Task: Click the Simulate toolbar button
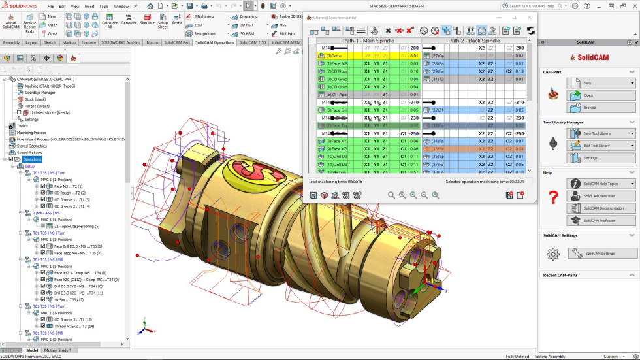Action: (147, 20)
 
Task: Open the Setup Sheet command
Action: (163, 20)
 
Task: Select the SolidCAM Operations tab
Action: (215, 42)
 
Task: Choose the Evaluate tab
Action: (88, 42)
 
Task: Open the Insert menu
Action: (89, 6)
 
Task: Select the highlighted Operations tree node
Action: (32, 159)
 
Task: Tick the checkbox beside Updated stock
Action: (19, 112)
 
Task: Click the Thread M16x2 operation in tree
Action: (72, 326)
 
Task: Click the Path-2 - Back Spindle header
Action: (473, 41)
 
